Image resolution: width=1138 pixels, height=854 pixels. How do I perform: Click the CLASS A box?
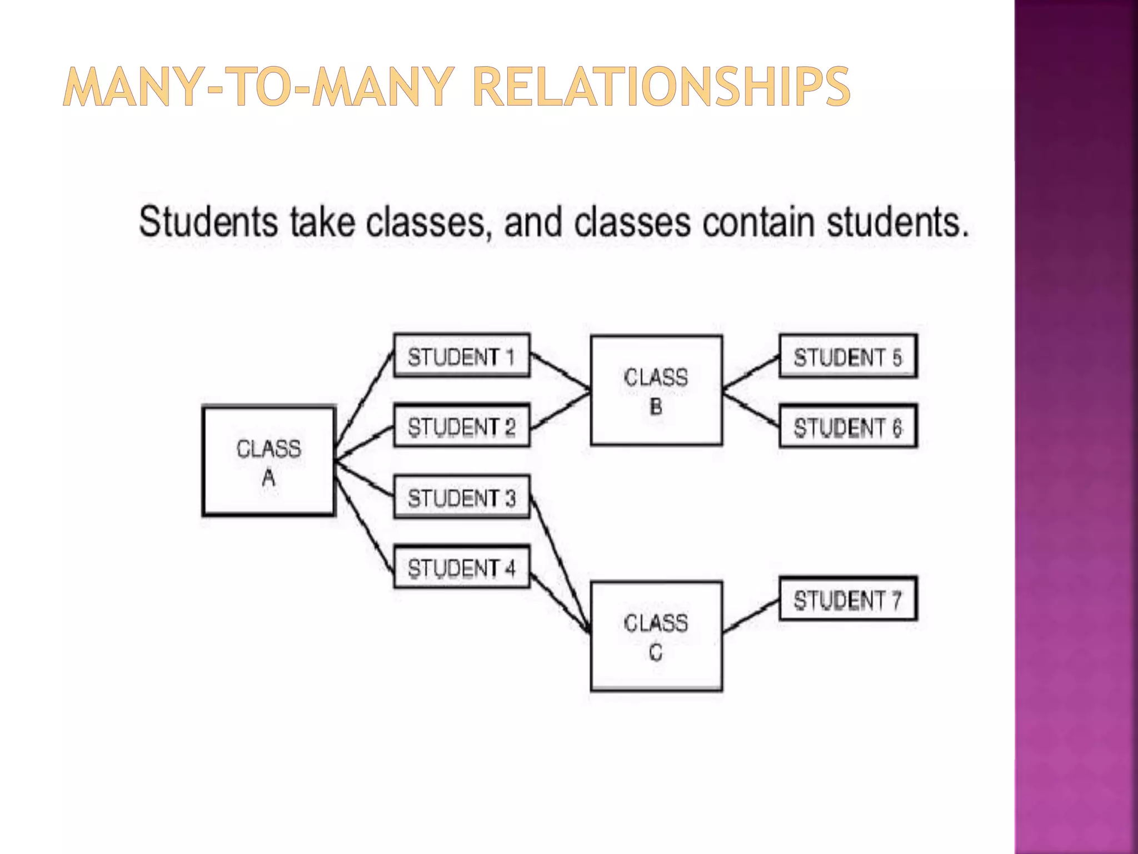coord(269,461)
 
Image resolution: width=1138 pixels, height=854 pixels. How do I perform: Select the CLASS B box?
coord(656,390)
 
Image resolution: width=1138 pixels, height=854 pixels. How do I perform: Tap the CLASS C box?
coord(656,636)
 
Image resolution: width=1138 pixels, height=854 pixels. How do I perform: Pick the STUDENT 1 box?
coord(461,356)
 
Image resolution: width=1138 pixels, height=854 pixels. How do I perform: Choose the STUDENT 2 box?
coord(461,426)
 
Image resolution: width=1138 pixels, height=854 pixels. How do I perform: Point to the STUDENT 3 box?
coord(461,497)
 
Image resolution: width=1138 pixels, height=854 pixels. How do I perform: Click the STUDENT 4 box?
coord(461,568)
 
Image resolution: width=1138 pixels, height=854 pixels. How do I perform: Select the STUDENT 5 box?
coord(847,356)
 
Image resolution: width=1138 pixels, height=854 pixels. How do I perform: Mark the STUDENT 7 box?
coord(847,599)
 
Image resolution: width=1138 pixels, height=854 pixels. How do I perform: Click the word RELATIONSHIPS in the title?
coord(661,87)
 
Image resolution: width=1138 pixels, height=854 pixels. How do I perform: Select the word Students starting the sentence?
coord(208,222)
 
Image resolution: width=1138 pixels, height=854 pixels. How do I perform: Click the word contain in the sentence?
coord(759,222)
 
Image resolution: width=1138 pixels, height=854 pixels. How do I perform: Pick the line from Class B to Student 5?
coord(751,373)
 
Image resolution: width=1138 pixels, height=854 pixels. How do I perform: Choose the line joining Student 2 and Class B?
coord(560,411)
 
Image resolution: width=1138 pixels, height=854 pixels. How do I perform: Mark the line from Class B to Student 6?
coord(751,409)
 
